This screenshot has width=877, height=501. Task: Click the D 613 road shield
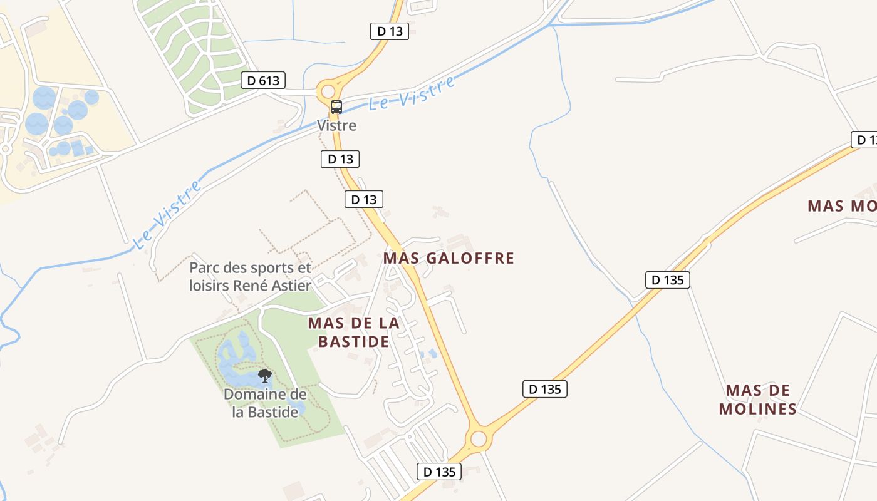coord(263,80)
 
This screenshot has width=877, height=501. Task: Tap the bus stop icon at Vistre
coord(336,107)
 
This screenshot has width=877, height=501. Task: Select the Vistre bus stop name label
coord(336,125)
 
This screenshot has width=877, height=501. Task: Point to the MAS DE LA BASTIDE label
coord(354,332)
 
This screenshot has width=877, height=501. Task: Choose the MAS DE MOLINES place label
coord(757,400)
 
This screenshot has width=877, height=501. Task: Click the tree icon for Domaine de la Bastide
coord(265,376)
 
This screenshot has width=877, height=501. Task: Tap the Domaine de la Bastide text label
coord(265,403)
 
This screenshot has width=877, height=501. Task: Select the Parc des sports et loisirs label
coord(251,276)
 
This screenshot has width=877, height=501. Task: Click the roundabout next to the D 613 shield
coord(328,91)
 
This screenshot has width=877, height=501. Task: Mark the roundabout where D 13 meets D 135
coord(479,438)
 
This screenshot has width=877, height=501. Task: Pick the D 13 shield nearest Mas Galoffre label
coord(363,199)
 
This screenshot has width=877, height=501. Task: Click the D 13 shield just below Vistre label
coord(340,159)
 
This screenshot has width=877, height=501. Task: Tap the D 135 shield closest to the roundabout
coord(439,472)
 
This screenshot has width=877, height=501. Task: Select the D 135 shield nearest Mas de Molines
coord(667,279)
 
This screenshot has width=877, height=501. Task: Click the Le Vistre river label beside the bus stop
coord(412,94)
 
